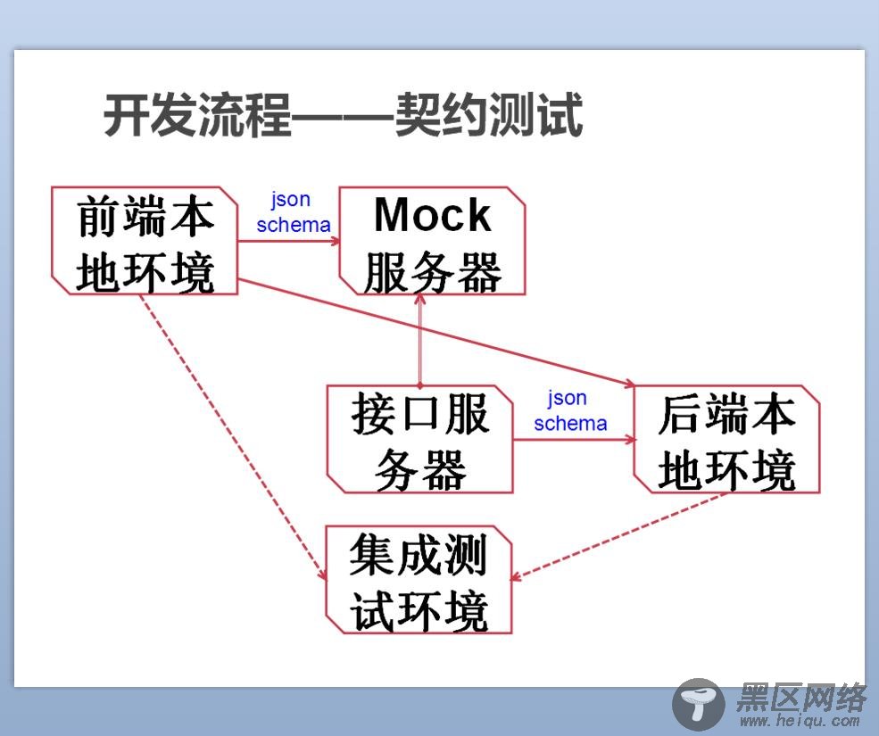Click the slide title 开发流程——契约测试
[343, 115]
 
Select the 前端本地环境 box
[145, 241]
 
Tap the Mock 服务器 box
[432, 241]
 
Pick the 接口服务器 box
[420, 439]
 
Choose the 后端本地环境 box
[726, 439]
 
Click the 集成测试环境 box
[419, 580]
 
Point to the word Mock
[432, 214]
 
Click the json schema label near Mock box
[294, 212]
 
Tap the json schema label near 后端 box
[570, 411]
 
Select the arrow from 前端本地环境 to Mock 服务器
[289, 242]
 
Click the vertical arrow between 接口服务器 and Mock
[420, 340]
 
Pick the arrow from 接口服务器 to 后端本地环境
[574, 440]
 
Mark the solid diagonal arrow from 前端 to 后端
[436, 333]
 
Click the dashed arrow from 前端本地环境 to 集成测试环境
[233, 437]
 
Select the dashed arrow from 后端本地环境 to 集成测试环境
[619, 535]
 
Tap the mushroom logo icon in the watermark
[698, 704]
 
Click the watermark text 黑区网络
[801, 697]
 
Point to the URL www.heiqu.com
[800, 721]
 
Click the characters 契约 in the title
[442, 115]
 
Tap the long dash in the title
[343, 116]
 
